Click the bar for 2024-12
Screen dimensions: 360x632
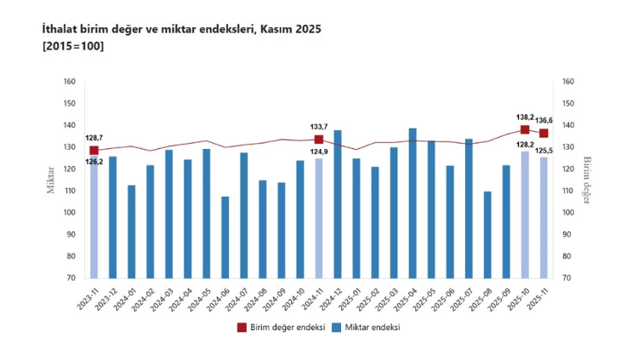point(338,204)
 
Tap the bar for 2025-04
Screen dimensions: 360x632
point(413,203)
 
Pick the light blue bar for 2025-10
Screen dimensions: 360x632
point(525,214)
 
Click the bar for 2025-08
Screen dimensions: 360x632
point(487,235)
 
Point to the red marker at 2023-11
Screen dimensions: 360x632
point(94,151)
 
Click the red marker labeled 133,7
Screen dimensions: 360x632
point(319,140)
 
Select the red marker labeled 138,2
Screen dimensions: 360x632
point(525,130)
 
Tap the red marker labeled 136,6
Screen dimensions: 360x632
point(544,134)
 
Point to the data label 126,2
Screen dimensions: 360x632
point(94,161)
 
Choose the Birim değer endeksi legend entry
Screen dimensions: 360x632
point(279,327)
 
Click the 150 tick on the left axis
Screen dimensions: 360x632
point(70,104)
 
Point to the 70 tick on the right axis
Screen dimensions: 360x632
point(567,278)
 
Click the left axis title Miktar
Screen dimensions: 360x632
point(51,180)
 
